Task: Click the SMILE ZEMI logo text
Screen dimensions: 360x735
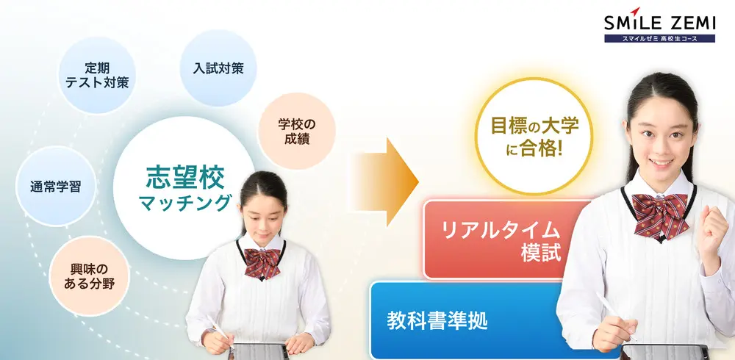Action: click(x=659, y=24)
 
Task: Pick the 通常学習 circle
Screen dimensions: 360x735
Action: click(x=50, y=186)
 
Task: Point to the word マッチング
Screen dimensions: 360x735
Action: click(x=184, y=203)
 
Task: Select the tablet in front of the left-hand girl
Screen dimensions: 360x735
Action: click(x=257, y=351)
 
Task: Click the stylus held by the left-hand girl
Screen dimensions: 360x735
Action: click(x=220, y=334)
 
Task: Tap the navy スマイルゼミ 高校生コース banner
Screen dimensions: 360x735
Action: click(x=659, y=37)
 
